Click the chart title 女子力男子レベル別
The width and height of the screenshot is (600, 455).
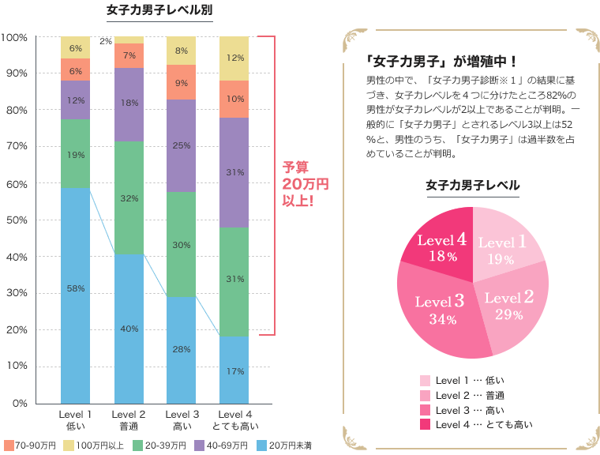pos(159,10)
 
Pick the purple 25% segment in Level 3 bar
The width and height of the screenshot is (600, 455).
pos(182,145)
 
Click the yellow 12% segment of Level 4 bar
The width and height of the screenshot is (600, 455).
pos(234,58)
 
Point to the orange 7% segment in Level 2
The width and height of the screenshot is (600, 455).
pos(129,55)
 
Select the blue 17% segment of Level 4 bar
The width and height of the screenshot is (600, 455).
pos(234,370)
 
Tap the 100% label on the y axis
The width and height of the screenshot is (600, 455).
pos(15,37)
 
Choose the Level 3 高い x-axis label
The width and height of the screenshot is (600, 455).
pos(182,420)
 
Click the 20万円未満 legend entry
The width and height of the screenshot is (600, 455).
pos(284,446)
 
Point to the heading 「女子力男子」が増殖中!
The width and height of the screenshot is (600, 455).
pos(442,61)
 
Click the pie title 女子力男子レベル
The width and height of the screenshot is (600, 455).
pos(472,186)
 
